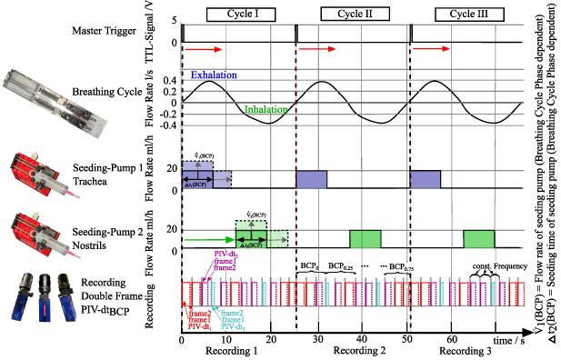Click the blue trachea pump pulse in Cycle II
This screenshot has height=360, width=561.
[x=312, y=179]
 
